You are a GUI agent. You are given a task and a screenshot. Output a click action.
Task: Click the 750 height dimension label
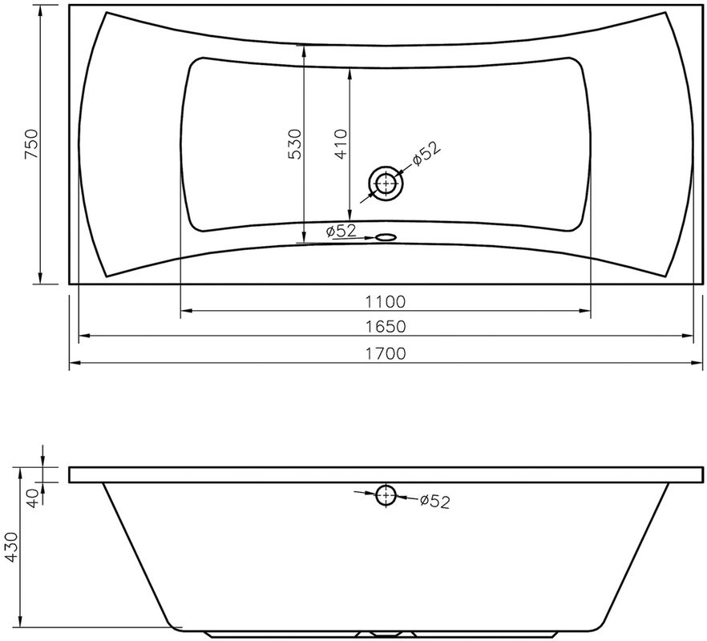[31, 143]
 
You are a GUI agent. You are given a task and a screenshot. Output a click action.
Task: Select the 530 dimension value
[294, 144]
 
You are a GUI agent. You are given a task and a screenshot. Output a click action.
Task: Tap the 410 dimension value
[341, 144]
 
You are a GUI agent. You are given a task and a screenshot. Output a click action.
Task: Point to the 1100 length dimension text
[385, 301]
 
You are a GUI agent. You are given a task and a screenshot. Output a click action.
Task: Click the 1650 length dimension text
[385, 326]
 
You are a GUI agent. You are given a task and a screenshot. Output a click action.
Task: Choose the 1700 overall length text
[385, 353]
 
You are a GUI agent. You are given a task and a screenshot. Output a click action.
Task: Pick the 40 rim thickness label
[34, 498]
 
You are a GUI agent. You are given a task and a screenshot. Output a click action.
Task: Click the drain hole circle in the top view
[386, 184]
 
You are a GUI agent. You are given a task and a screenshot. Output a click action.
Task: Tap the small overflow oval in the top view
[386, 236]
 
